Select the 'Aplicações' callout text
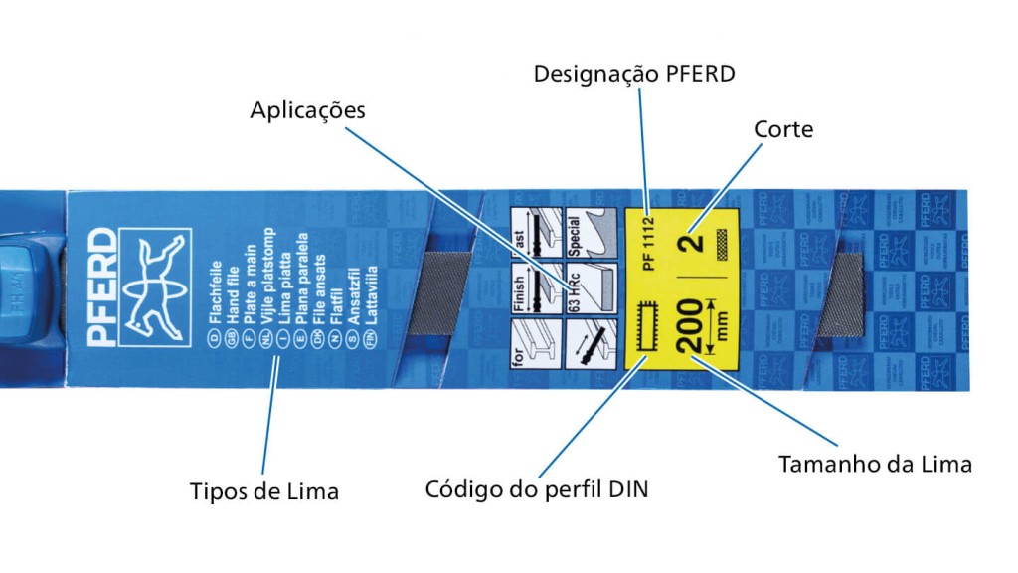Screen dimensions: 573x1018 307,109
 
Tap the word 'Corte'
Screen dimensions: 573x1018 783,129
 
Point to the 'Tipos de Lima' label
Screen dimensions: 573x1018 263,491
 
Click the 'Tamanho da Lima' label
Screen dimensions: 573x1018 874,464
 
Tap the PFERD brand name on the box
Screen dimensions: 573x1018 102,287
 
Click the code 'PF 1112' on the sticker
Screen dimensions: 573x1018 649,244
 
